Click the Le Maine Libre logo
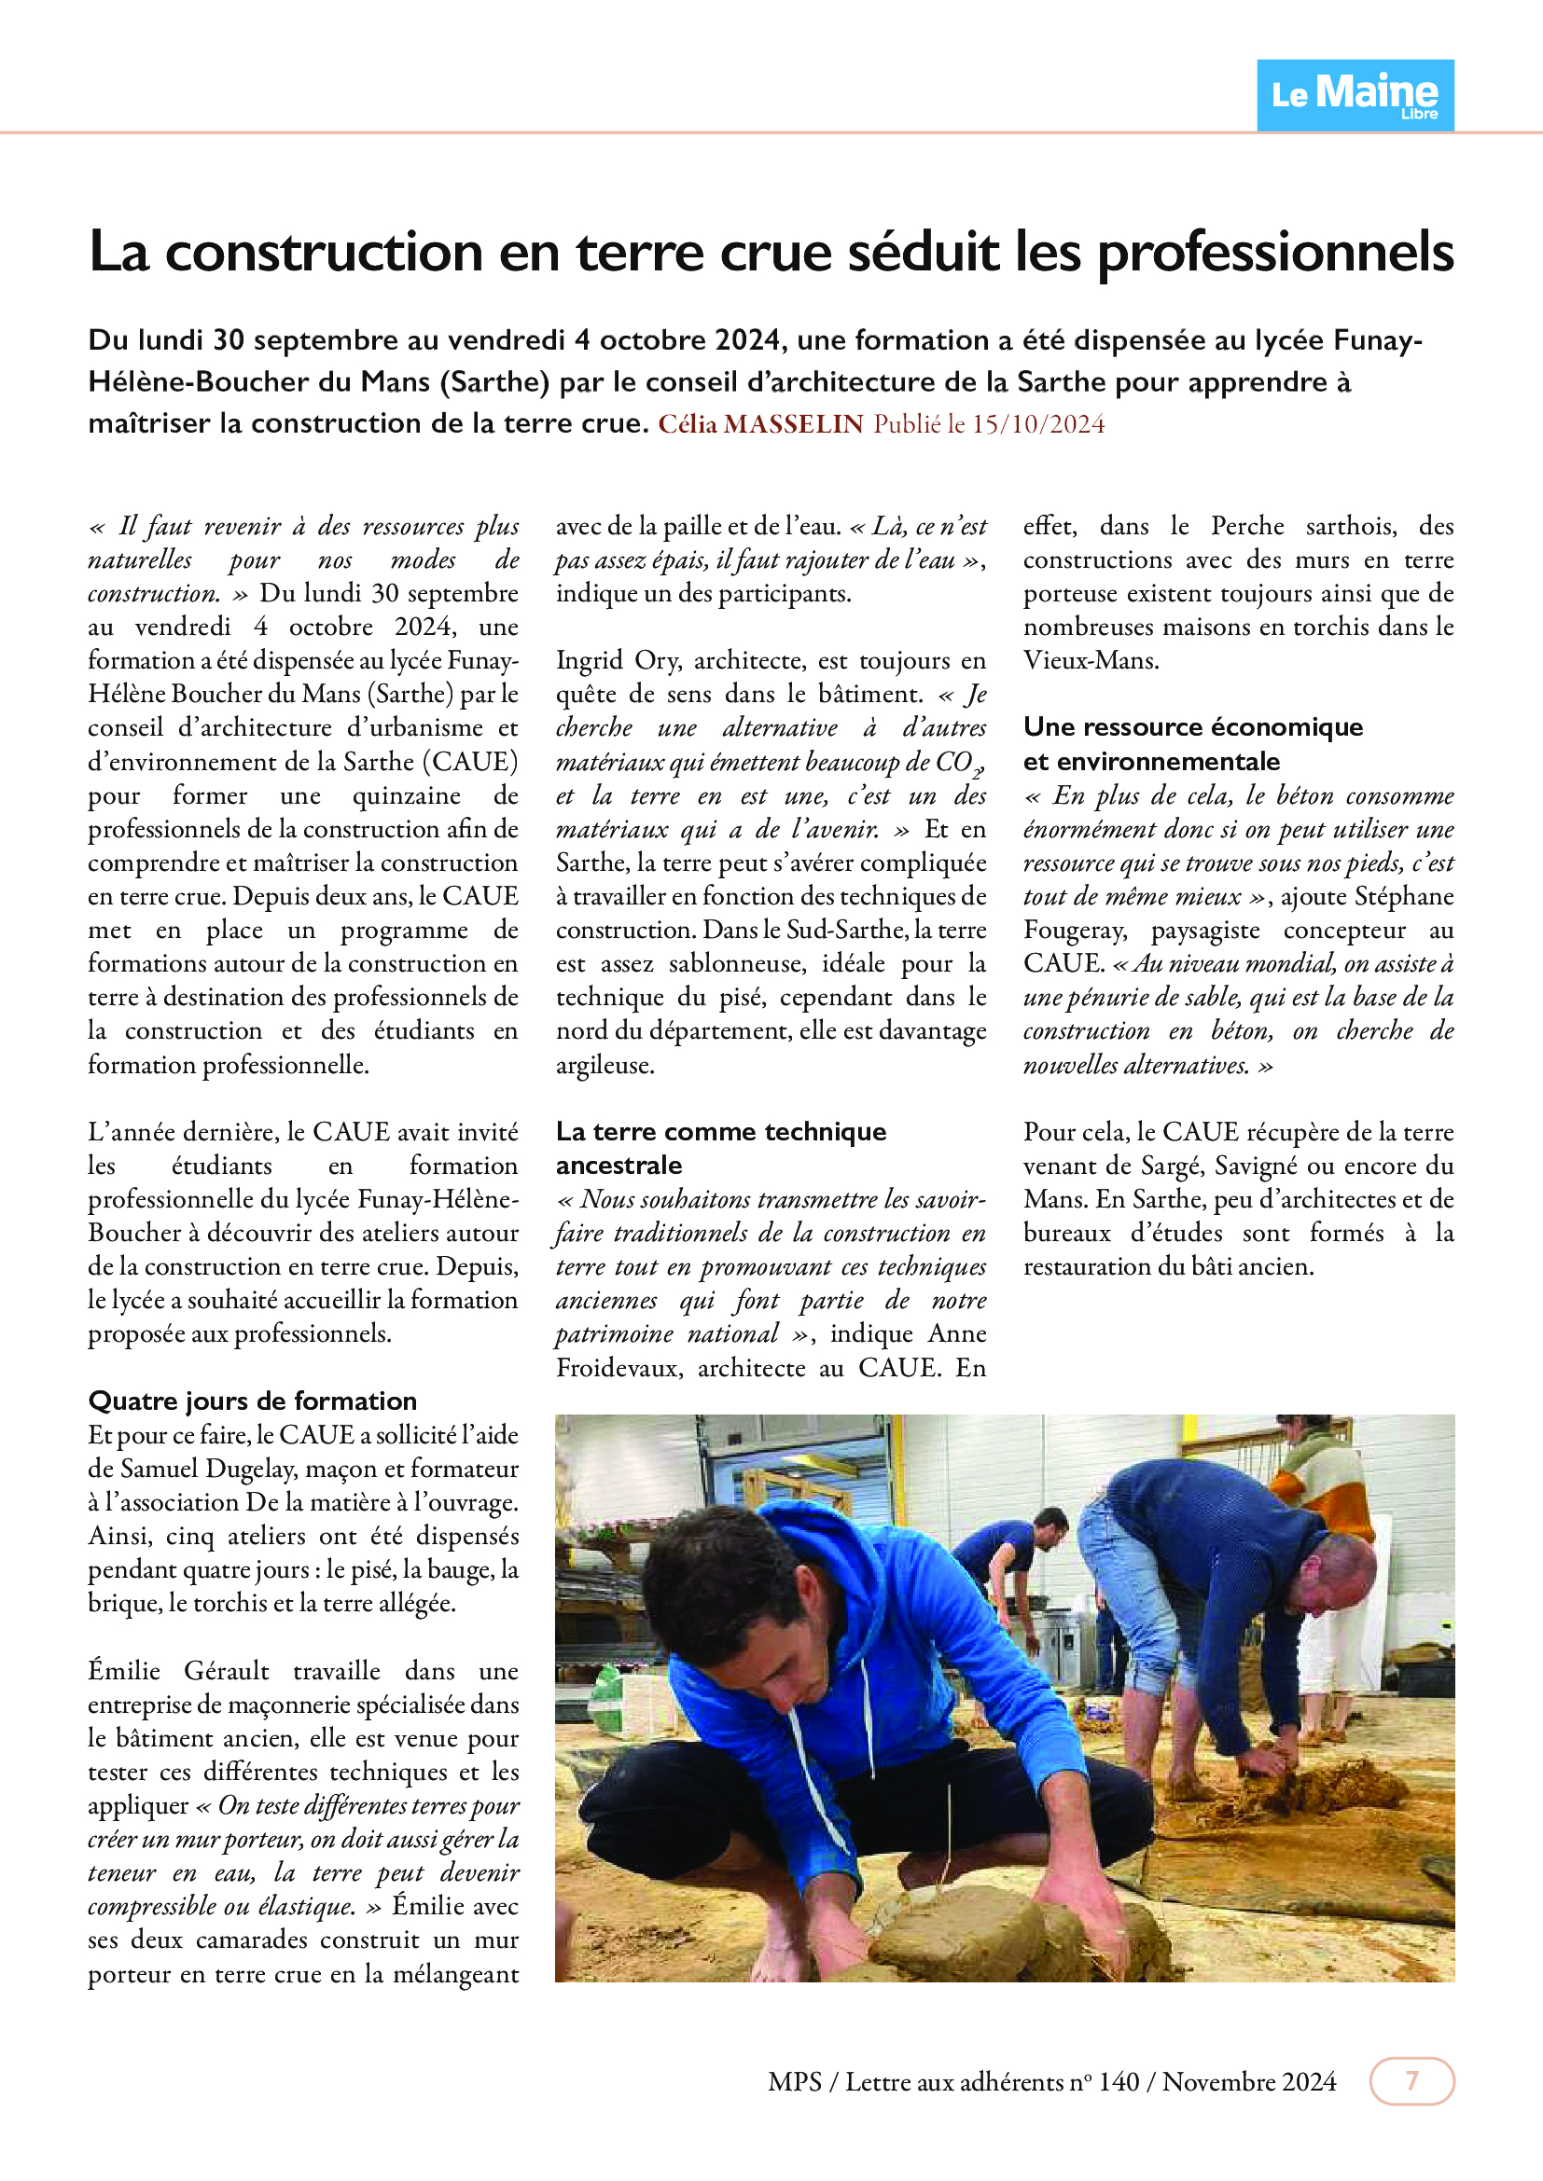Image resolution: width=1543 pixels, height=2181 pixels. click(x=1355, y=95)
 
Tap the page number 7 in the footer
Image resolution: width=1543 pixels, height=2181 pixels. click(x=1411, y=2080)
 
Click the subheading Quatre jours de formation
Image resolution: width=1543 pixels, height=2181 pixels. click(x=253, y=1401)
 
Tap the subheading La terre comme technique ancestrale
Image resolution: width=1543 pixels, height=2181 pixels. click(x=720, y=1148)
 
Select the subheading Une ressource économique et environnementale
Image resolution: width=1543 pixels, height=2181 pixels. click(x=1192, y=744)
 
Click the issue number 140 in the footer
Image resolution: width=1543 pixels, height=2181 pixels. click(x=1119, y=2081)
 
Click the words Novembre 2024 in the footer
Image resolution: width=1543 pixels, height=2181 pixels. click(x=1248, y=2081)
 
